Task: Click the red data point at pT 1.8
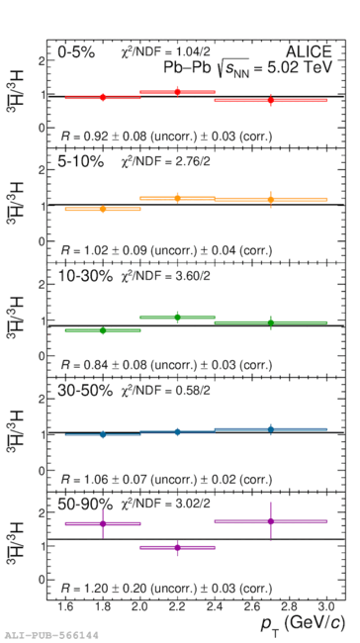coord(103,97)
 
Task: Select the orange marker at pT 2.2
coord(178,199)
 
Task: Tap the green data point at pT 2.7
coord(271,322)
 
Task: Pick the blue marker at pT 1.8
coord(103,434)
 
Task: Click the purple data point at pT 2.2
coord(178,547)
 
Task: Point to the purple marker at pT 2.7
coord(271,521)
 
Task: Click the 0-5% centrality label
coord(76,52)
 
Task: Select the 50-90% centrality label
coord(85,504)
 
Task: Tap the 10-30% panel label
coord(85,276)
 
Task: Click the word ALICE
coord(309,51)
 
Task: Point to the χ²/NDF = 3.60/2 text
coord(164,276)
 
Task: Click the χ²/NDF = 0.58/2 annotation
coord(164,391)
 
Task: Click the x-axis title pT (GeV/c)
coord(303,625)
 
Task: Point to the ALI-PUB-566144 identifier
coord(49,636)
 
